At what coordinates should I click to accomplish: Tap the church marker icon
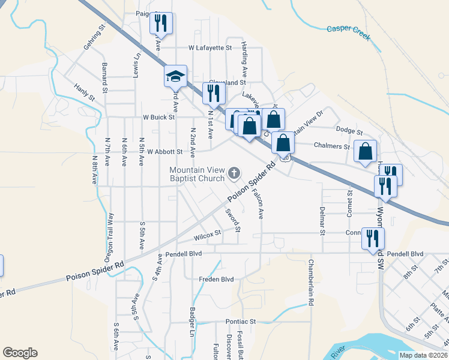click(x=234, y=175)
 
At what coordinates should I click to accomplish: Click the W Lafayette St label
click(x=209, y=47)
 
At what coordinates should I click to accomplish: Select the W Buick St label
click(x=158, y=118)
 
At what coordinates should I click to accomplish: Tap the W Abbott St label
click(x=164, y=152)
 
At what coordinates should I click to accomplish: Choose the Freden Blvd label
click(x=216, y=279)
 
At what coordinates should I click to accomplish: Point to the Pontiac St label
click(x=240, y=322)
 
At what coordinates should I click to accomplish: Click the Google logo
click(x=20, y=353)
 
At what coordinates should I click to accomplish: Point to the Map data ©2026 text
click(x=423, y=355)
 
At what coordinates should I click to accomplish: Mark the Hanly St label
click(x=85, y=93)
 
